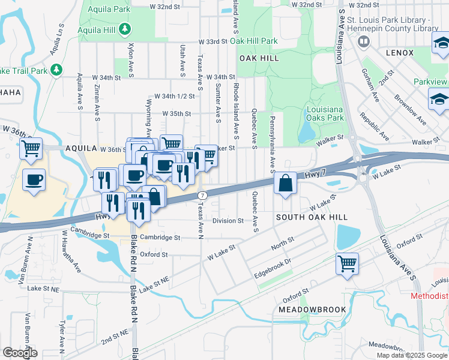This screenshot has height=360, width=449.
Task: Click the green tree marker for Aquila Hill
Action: coord(124,28)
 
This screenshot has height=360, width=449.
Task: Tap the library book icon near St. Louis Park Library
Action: coord(363,41)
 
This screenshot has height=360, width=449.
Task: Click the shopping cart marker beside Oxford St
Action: coord(347,263)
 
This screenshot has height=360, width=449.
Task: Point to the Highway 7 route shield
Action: coord(203,196)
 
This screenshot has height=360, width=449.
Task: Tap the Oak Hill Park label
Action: coord(253,41)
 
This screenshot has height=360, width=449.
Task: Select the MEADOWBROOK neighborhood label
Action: coord(312,310)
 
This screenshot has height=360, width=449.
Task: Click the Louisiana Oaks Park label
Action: coord(325,114)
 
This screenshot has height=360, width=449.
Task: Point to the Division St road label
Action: coord(228,221)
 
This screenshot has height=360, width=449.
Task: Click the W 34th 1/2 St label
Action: coord(175,96)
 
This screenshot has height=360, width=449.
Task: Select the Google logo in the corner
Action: coord(20,353)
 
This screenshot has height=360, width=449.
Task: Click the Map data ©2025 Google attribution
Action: coord(412,355)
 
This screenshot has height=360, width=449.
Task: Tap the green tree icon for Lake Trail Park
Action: coord(56,70)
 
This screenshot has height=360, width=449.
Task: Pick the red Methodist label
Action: coord(429,296)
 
